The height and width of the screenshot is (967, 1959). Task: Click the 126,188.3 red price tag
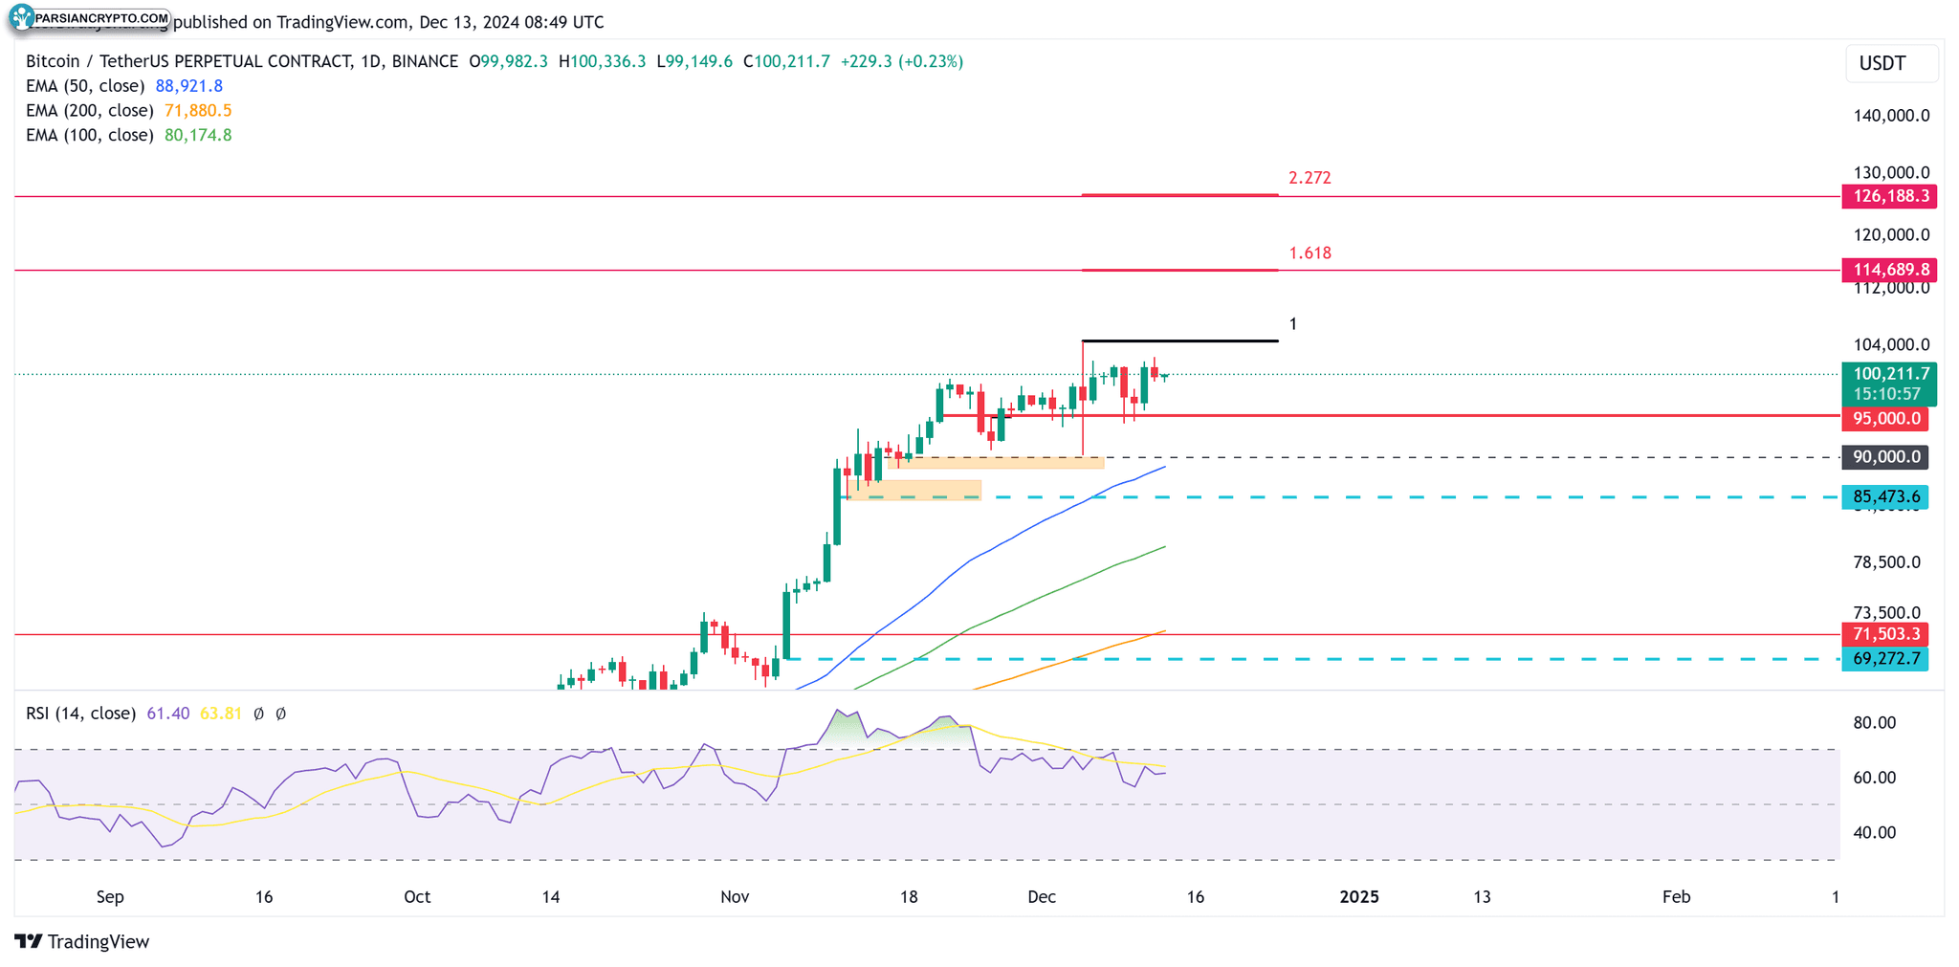pyautogui.click(x=1889, y=197)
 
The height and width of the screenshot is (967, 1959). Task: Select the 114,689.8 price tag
pyautogui.click(x=1889, y=270)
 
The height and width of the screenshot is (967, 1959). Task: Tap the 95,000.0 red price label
pyautogui.click(x=1885, y=419)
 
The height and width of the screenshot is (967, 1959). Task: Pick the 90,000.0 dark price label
pyautogui.click(x=1885, y=457)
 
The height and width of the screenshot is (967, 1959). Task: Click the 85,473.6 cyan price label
pyautogui.click(x=1885, y=496)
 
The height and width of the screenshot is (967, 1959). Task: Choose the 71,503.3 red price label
pyautogui.click(x=1885, y=634)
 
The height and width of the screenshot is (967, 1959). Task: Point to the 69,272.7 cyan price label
pyautogui.click(x=1885, y=659)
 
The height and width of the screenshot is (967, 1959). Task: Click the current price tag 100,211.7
pyautogui.click(x=1889, y=374)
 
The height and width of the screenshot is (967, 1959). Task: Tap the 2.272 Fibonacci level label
pyautogui.click(x=1310, y=178)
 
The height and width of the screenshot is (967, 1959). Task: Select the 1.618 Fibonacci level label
pyautogui.click(x=1310, y=253)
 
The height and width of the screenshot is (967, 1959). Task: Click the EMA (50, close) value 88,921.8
pyautogui.click(x=188, y=86)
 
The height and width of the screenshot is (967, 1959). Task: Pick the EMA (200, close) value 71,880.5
pyautogui.click(x=198, y=111)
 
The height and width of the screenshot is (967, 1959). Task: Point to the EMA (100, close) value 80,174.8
pyautogui.click(x=198, y=136)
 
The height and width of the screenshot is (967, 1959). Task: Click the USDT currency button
pyautogui.click(x=1882, y=64)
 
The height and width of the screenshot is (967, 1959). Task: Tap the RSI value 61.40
pyautogui.click(x=168, y=714)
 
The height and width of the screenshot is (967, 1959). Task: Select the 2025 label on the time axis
pyautogui.click(x=1358, y=897)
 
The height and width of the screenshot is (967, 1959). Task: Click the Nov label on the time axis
pyautogui.click(x=734, y=897)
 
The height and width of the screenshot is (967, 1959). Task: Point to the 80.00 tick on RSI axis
pyautogui.click(x=1874, y=723)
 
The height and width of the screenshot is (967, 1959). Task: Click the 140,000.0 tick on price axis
pyautogui.click(x=1891, y=116)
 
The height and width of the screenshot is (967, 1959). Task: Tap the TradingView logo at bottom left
pyautogui.click(x=82, y=942)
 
